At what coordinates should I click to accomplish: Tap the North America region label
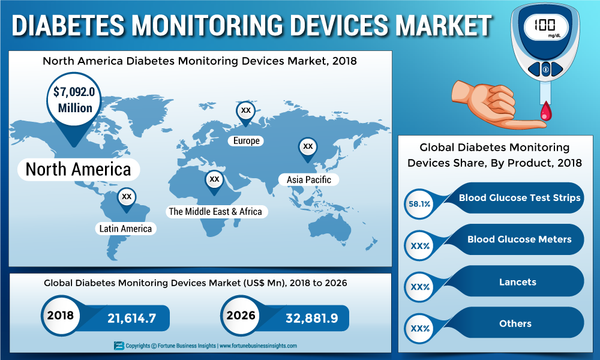pyautogui.click(x=78, y=169)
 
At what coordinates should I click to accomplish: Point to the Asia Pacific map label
pyautogui.click(x=308, y=179)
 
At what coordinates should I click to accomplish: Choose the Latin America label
pyautogui.click(x=126, y=229)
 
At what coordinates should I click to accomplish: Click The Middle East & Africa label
pyautogui.click(x=215, y=211)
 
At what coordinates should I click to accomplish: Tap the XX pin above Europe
pyautogui.click(x=245, y=111)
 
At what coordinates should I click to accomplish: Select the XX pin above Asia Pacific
pyautogui.click(x=308, y=146)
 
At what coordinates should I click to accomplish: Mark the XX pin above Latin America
pyautogui.click(x=126, y=197)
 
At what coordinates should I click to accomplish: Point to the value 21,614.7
pyautogui.click(x=131, y=318)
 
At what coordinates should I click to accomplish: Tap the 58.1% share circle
pyautogui.click(x=419, y=204)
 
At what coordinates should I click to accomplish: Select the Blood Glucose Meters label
pyautogui.click(x=519, y=239)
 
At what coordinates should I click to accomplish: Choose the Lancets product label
pyautogui.click(x=517, y=281)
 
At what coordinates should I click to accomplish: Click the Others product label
pyautogui.click(x=515, y=323)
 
